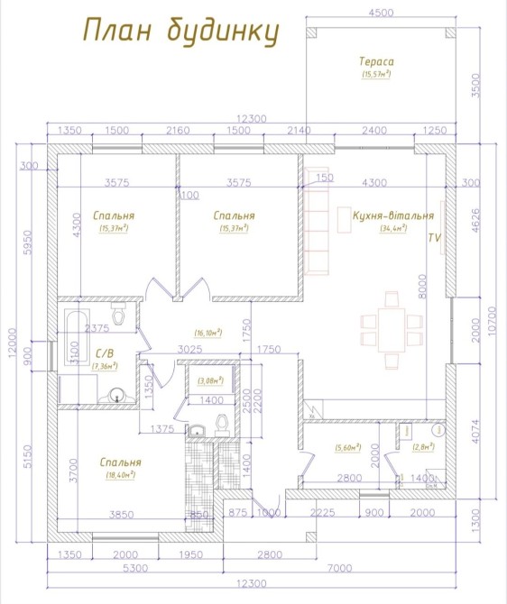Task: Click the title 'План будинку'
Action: [180, 32]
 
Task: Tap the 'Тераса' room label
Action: [376, 61]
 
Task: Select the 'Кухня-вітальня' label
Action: [393, 215]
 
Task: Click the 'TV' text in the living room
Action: [435, 238]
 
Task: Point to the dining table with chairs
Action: [392, 330]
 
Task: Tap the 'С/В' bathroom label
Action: [105, 353]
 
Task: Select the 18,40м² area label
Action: [120, 475]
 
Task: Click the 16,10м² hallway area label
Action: [208, 332]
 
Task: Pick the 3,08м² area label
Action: [210, 380]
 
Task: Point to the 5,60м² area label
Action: [347, 447]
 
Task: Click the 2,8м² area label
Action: [423, 446]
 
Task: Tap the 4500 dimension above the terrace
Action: [381, 13]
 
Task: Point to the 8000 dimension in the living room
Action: [422, 286]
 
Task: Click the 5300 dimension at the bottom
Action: [135, 568]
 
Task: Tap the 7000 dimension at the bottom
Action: [339, 568]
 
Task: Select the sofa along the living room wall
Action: [317, 222]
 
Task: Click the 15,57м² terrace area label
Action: [376, 74]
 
